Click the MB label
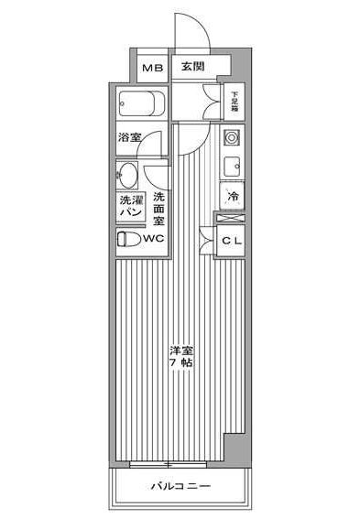point(151,68)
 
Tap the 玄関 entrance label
point(191,67)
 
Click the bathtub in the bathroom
point(141,103)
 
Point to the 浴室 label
point(129,138)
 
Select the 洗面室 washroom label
point(158,208)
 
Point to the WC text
point(154,238)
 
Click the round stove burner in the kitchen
point(231,139)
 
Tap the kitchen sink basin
point(232,166)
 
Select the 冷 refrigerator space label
point(233,196)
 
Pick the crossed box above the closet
point(231,218)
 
